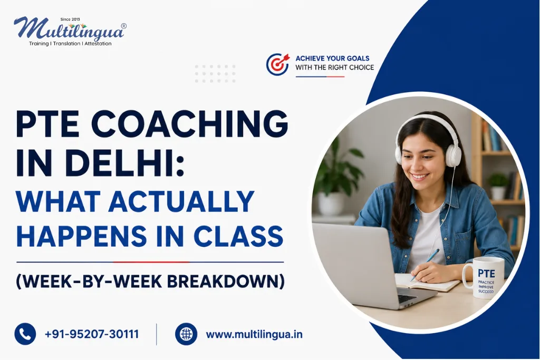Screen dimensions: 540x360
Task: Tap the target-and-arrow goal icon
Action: pyautogui.click(x=278, y=64)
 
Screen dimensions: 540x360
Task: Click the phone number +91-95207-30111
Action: pyautogui.click(x=92, y=334)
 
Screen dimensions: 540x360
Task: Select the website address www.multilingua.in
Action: pyautogui.click(x=254, y=335)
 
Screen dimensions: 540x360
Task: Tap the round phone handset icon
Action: pyautogui.click(x=25, y=334)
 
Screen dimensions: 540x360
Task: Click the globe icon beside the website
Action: pyautogui.click(x=186, y=334)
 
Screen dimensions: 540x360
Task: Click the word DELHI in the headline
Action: pyautogui.click(x=123, y=162)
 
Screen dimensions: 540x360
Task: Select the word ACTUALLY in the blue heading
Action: pyautogui.click(x=181, y=202)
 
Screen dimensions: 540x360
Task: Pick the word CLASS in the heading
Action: pyautogui.click(x=238, y=236)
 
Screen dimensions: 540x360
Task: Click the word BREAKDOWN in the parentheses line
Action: pyautogui.click(x=226, y=281)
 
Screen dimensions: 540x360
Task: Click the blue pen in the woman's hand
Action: pyautogui.click(x=425, y=264)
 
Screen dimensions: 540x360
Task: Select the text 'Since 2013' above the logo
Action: pyautogui.click(x=70, y=20)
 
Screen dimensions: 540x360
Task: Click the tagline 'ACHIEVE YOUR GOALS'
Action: pyautogui.click(x=332, y=58)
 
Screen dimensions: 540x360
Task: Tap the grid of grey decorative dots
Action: pyautogui.click(x=215, y=74)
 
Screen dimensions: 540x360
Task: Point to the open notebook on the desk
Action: pyautogui.click(x=427, y=282)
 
